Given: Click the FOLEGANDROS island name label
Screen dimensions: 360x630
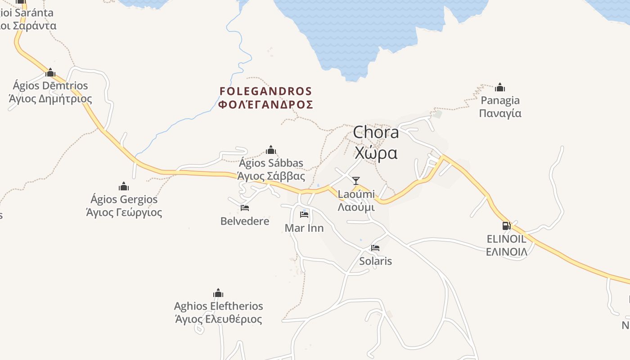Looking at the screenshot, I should (x=265, y=91).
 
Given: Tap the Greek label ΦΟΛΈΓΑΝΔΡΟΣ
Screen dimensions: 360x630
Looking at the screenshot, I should (x=265, y=105).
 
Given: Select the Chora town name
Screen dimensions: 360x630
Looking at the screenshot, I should (x=376, y=132).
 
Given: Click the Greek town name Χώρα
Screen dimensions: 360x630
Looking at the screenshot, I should (x=376, y=153).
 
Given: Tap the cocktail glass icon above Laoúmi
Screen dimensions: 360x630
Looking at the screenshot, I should (x=356, y=181).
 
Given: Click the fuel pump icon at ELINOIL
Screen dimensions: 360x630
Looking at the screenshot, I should (x=506, y=226).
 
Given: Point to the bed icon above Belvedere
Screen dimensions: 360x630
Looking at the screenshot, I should (x=245, y=208).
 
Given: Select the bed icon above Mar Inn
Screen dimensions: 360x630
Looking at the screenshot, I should (x=304, y=215).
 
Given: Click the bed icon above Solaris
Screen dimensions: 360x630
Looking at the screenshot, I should (x=375, y=248).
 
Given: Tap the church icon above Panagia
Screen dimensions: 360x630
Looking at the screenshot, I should (x=500, y=87).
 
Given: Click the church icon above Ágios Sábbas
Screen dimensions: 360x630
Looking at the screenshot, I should (x=271, y=150).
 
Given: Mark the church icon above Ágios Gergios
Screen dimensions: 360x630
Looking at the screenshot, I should (x=124, y=186).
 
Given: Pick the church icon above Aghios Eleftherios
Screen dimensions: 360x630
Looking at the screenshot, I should (x=218, y=293).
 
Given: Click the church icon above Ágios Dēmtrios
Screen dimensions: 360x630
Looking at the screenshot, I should (x=50, y=72).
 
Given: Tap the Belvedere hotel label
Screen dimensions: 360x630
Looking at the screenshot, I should (x=245, y=221).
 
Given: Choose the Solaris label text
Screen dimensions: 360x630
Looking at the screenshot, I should (x=375, y=261).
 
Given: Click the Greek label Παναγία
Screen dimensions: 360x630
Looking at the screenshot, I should (x=500, y=113).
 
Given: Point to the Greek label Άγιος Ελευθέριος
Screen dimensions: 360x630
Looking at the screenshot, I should (x=218, y=319).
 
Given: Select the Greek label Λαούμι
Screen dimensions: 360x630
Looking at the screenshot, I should (x=356, y=207).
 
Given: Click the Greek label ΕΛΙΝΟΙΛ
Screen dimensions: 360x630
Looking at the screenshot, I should (x=506, y=252).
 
